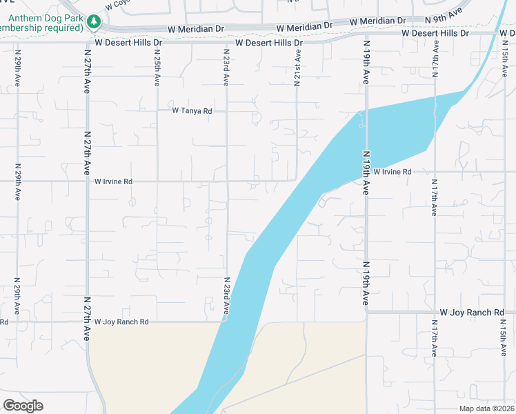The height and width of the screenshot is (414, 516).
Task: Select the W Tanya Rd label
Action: click(192, 110)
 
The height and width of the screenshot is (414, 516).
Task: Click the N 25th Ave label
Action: click(157, 68)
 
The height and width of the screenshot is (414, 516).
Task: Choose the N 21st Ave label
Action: click(297, 68)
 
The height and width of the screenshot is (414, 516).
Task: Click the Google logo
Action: click(23, 406)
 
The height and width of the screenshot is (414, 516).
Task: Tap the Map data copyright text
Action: click(487, 408)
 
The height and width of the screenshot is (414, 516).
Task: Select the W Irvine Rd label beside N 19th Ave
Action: click(392, 172)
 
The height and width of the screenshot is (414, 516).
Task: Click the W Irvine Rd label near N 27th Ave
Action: click(113, 182)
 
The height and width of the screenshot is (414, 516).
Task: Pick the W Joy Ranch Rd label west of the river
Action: click(121, 322)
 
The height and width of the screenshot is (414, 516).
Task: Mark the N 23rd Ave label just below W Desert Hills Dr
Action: click(226, 68)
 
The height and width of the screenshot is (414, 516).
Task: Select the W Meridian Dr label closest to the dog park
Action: click(197, 30)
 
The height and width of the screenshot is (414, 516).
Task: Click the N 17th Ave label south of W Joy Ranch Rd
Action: click(435, 339)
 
